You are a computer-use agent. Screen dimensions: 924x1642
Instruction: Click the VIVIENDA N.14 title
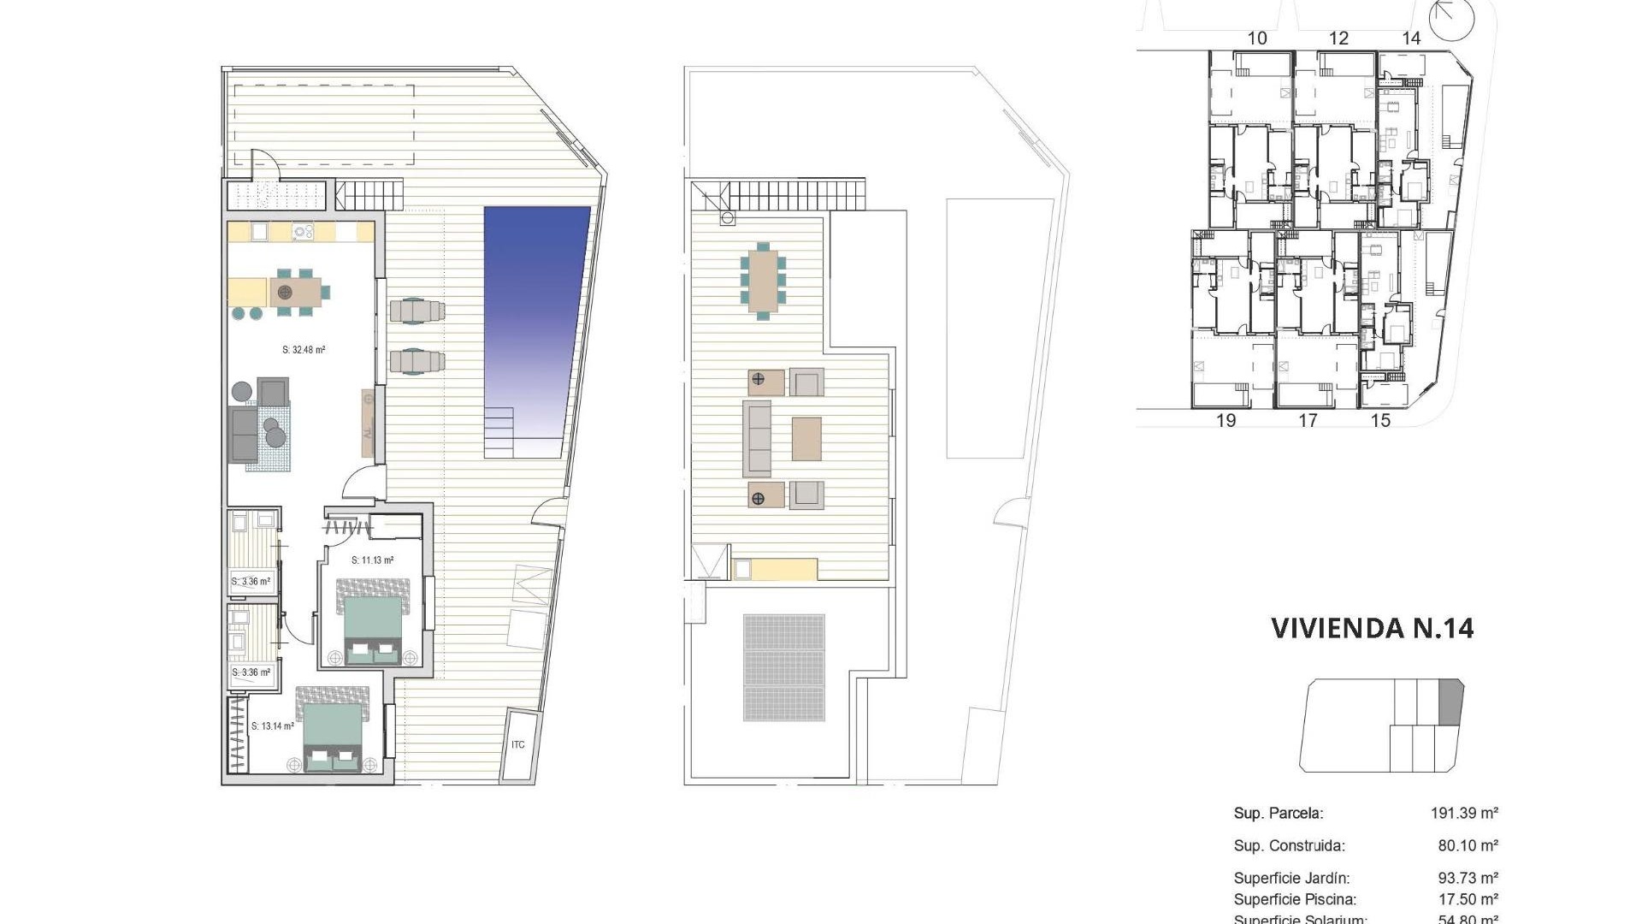(x=1372, y=628)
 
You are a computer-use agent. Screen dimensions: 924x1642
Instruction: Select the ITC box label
(x=518, y=745)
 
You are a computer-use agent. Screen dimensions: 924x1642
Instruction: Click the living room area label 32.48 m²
(x=304, y=350)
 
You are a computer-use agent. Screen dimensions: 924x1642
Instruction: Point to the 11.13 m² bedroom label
(x=372, y=561)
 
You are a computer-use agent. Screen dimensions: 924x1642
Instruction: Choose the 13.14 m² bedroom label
(x=273, y=726)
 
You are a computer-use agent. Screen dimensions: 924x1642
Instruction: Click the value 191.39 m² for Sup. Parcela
(x=1464, y=813)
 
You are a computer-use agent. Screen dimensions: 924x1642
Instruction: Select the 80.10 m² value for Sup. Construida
(x=1468, y=845)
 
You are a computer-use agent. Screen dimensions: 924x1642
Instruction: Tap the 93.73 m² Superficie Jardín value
(x=1468, y=878)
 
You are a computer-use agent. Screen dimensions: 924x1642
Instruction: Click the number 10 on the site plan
(x=1257, y=38)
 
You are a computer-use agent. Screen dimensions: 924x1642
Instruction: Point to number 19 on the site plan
(x=1226, y=420)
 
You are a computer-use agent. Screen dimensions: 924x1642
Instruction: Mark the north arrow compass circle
(x=1453, y=19)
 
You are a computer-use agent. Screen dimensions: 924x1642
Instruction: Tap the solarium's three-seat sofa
(x=757, y=438)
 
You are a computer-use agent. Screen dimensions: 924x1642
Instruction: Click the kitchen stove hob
(x=303, y=231)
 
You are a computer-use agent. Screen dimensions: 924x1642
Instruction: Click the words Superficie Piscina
(x=1295, y=899)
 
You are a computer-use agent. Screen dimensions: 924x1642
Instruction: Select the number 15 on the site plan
(x=1380, y=420)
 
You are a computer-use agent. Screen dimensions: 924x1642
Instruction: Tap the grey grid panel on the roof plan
(x=784, y=667)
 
